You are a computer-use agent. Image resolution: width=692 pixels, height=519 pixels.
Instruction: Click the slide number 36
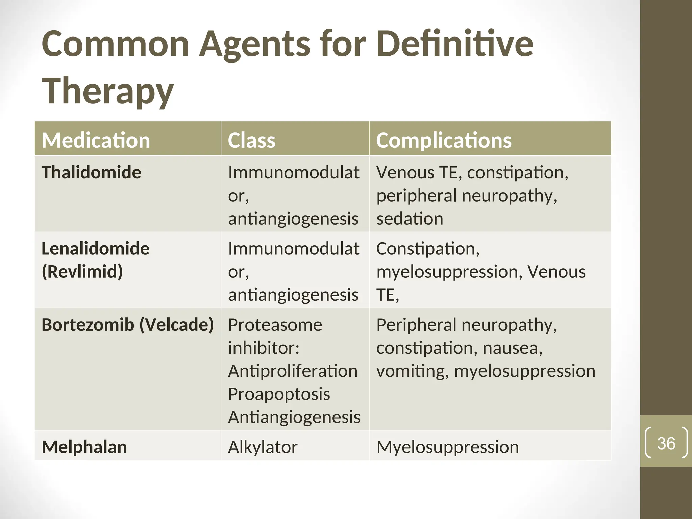coord(666,443)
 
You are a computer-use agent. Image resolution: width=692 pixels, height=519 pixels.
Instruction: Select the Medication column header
coord(96,140)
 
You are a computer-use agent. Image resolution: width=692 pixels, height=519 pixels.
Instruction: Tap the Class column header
coord(251,140)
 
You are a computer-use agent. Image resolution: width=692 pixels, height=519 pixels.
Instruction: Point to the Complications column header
coord(444,140)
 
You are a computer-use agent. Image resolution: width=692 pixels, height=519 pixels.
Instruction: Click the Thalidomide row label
coord(91,172)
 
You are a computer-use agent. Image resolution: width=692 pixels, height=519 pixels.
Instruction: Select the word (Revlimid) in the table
coord(82,272)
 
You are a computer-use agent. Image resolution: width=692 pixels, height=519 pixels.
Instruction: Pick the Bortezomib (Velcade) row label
coord(127,325)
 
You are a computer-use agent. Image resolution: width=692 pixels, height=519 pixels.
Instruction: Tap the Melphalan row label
coord(84,447)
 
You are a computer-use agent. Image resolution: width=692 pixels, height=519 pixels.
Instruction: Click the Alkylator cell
coord(263,447)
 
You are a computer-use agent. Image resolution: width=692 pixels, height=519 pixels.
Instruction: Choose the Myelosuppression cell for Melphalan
coord(447,447)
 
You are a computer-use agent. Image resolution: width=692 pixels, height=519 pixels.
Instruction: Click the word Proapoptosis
coord(279,394)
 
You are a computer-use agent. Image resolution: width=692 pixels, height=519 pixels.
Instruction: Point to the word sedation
coord(410,219)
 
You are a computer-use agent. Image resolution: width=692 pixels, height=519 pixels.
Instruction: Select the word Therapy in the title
coord(107,91)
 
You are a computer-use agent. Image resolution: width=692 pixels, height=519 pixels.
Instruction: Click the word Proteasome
coord(275,325)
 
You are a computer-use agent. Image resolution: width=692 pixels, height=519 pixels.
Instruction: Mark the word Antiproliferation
coord(293,371)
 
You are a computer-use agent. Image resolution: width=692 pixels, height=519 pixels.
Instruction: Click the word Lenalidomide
coord(95,249)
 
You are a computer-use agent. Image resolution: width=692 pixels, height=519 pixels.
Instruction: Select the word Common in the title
coord(115,44)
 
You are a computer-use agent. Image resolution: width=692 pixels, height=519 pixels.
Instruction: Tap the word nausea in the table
coord(512,348)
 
